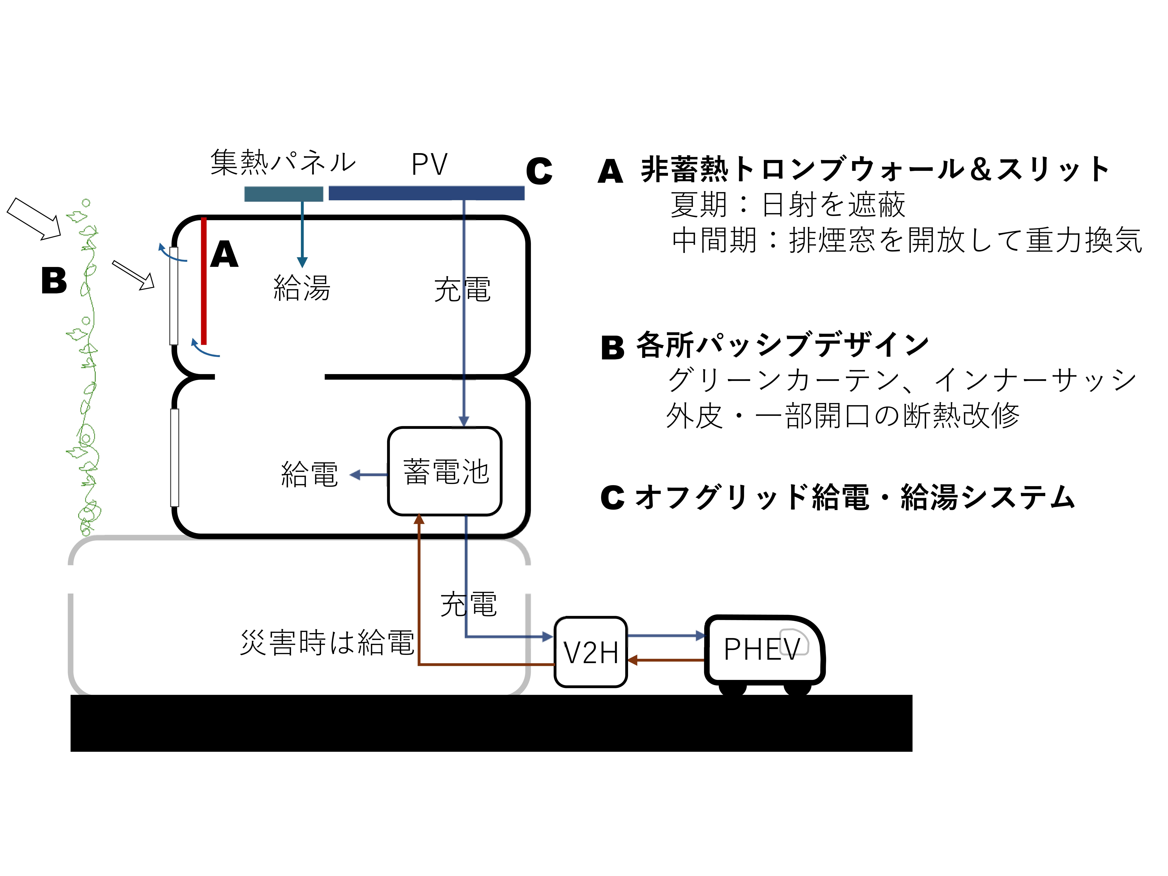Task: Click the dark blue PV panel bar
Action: [427, 193]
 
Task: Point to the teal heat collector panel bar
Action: [284, 194]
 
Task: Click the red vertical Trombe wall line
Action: [203, 281]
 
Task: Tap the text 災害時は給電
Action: [327, 643]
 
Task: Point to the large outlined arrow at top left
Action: [34, 219]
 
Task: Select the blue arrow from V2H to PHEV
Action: [666, 636]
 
